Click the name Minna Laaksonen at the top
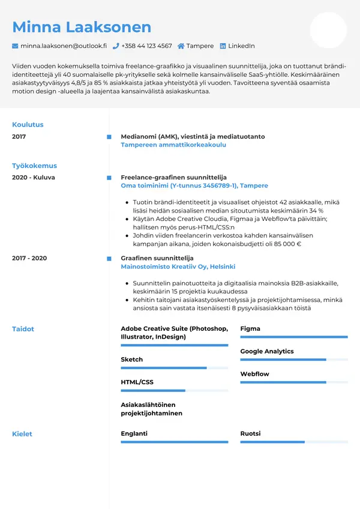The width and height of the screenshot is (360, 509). pos(82,27)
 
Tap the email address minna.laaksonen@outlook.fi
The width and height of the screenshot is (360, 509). pos(63,46)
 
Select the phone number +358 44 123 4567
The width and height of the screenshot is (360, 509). pos(146,46)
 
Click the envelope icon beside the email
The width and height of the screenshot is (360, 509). pos(15,46)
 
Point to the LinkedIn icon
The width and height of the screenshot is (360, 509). pos(223,46)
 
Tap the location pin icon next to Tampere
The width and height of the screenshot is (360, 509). pos(182,46)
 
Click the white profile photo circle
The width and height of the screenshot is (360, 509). pos(328,30)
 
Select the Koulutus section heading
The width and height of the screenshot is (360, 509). pos(28,125)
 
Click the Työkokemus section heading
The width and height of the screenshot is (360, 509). pos(34,166)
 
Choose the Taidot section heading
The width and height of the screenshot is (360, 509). pos(23,329)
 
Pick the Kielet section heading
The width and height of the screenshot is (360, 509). pos(22,434)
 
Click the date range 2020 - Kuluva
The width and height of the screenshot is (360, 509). pos(34,178)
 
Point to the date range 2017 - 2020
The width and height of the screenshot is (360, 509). pos(29,258)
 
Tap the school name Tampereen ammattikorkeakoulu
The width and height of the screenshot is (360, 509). pos(173,145)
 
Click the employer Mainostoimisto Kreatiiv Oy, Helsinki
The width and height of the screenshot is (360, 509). pos(178,267)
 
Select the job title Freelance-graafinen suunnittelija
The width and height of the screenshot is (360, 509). pos(173,178)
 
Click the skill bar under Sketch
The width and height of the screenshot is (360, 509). pos(174,368)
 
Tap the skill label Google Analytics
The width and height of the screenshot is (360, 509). pos(267,351)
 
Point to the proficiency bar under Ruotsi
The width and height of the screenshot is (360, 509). pos(294,442)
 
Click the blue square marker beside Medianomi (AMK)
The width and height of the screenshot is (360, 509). pos(109,137)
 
